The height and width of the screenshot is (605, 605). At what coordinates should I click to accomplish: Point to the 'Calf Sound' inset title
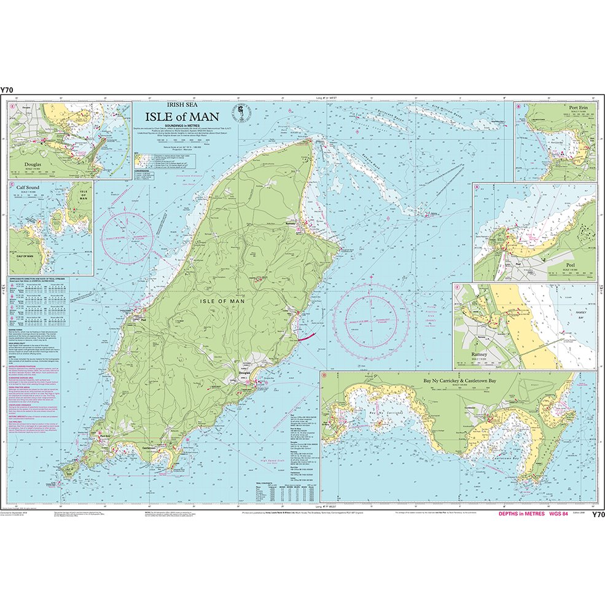click(29, 189)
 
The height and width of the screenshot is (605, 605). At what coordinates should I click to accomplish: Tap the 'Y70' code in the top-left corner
click(7, 90)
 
